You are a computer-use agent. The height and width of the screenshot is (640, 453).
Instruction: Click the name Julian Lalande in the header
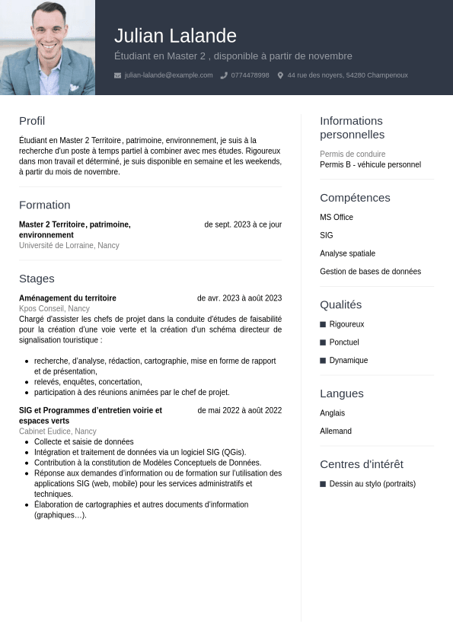click(x=175, y=36)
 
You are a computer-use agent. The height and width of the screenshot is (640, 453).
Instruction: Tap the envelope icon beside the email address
click(x=117, y=75)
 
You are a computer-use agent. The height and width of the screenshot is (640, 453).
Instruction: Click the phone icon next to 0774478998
click(x=224, y=75)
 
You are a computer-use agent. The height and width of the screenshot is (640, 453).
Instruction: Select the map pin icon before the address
click(x=280, y=75)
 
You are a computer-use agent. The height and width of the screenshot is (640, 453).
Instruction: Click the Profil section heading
click(x=32, y=121)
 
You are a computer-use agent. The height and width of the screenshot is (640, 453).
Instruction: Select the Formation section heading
click(x=44, y=205)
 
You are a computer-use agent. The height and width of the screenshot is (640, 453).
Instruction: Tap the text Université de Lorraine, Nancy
click(x=69, y=246)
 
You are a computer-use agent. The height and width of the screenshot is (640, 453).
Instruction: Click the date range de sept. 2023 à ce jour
click(x=243, y=224)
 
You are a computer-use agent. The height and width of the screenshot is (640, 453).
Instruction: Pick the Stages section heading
click(x=37, y=279)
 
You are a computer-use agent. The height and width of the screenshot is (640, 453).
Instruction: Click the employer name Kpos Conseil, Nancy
click(x=54, y=309)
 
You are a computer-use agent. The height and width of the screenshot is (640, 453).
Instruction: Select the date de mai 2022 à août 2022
click(x=239, y=410)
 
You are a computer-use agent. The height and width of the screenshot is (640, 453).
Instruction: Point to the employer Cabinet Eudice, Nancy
click(x=58, y=431)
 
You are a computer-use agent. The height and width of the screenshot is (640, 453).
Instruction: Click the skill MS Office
click(x=337, y=218)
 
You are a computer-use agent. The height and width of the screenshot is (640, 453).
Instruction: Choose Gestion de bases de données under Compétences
click(x=370, y=272)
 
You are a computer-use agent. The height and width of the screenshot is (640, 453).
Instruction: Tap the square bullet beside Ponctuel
click(x=323, y=342)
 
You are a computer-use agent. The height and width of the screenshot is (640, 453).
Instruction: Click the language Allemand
click(x=336, y=431)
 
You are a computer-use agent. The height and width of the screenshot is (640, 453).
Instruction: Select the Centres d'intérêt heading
click(x=362, y=464)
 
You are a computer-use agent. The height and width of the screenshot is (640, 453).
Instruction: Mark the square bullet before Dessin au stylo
click(x=323, y=484)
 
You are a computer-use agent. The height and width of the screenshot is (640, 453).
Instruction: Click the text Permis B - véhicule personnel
click(x=370, y=164)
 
